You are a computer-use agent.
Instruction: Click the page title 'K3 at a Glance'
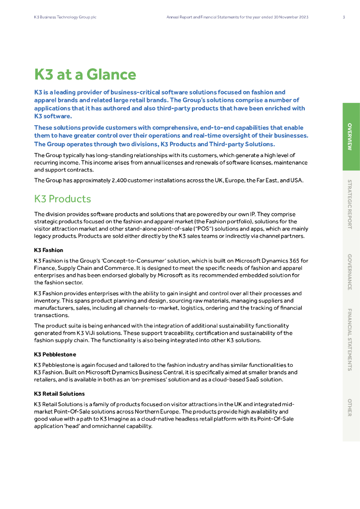click(85, 75)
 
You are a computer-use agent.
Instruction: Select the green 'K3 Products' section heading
click(63, 199)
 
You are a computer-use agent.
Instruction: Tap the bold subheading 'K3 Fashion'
click(49, 250)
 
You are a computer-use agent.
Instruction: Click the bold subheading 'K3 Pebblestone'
click(55, 354)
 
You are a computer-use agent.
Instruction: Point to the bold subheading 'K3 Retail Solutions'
click(60, 394)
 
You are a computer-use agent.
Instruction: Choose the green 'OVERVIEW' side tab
click(351, 137)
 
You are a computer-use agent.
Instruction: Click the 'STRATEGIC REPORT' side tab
click(351, 204)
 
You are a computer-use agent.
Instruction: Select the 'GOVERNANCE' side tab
click(351, 272)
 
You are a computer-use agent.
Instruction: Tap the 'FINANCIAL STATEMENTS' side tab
click(351, 339)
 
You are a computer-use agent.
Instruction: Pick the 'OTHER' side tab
click(351, 407)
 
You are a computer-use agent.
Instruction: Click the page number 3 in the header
click(344, 17)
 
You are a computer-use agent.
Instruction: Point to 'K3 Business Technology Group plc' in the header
click(65, 17)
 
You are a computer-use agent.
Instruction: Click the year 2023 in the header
click(303, 17)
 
